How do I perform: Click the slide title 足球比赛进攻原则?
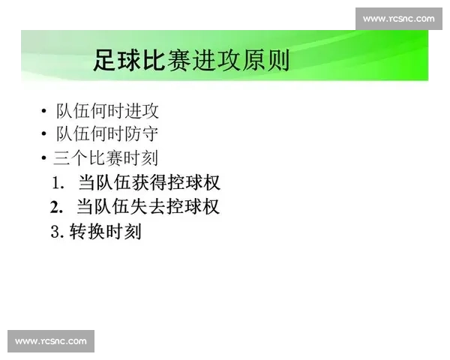click(191, 59)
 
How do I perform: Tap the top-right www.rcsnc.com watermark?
click(398, 18)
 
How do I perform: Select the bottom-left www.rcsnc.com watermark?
click(51, 341)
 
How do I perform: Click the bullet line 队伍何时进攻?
click(107, 111)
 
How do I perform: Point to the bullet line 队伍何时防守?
click(107, 134)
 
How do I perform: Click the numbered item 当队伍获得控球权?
click(149, 182)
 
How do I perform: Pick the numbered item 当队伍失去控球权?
click(148, 206)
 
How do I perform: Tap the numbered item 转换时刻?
click(105, 232)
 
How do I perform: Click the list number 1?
click(57, 183)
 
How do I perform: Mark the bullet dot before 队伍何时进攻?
click(45, 112)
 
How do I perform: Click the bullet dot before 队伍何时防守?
click(45, 136)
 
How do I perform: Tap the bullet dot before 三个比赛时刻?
click(45, 159)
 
